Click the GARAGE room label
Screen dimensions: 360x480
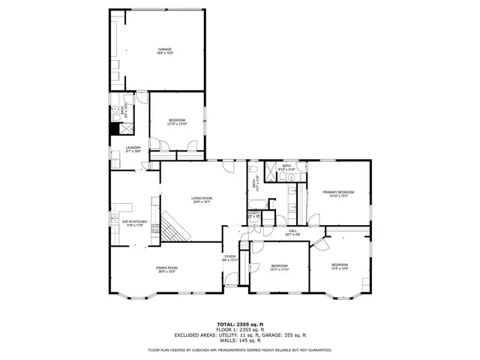(165, 50)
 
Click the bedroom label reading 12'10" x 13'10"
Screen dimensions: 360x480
(177, 122)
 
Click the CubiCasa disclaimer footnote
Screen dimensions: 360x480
(239, 349)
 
